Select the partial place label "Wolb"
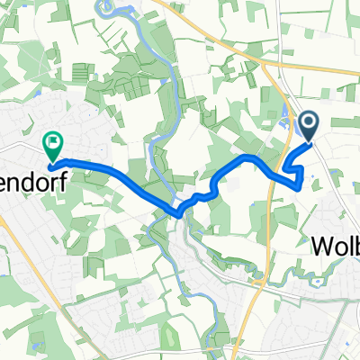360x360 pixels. (x=336, y=246)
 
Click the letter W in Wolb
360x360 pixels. (x=319, y=246)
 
